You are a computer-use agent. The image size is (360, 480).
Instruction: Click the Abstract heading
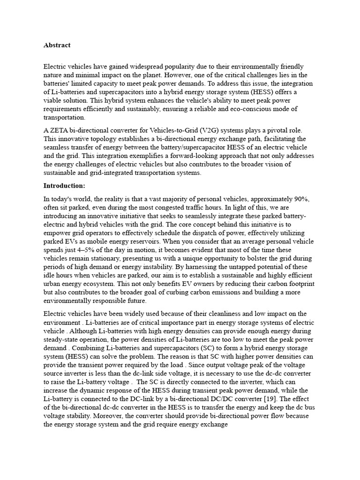pyautogui.click(x=57, y=45)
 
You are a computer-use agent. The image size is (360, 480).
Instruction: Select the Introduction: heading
pyautogui.click(x=64, y=186)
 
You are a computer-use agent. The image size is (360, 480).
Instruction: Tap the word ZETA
pyautogui.click(x=59, y=130)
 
